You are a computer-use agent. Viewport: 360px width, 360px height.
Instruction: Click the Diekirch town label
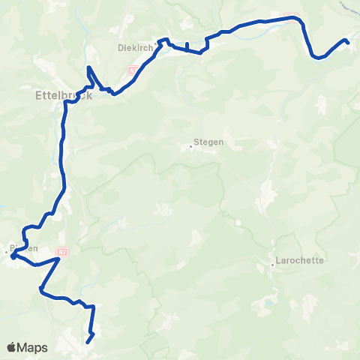pyautogui.click(x=135, y=46)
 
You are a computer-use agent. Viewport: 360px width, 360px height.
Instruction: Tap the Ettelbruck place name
pyautogui.click(x=57, y=95)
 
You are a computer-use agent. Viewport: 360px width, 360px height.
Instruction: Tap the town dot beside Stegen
pyautogui.click(x=190, y=146)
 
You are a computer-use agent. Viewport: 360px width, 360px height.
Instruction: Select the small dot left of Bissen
pyautogui.click(x=6, y=253)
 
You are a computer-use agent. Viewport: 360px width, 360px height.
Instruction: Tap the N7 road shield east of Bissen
pyautogui.click(x=64, y=253)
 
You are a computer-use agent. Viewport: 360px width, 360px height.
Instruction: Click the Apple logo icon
pyautogui.click(x=13, y=347)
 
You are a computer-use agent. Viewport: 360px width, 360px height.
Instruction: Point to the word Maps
pyautogui.click(x=33, y=347)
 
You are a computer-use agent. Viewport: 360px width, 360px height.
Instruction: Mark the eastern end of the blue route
pyautogui.click(x=347, y=41)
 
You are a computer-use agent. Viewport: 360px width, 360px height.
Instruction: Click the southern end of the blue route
pyautogui.click(x=88, y=342)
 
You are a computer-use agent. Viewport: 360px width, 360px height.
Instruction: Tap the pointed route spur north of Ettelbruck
pyautogui.click(x=88, y=68)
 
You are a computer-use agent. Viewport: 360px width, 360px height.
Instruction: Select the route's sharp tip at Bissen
pyautogui.click(x=12, y=257)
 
